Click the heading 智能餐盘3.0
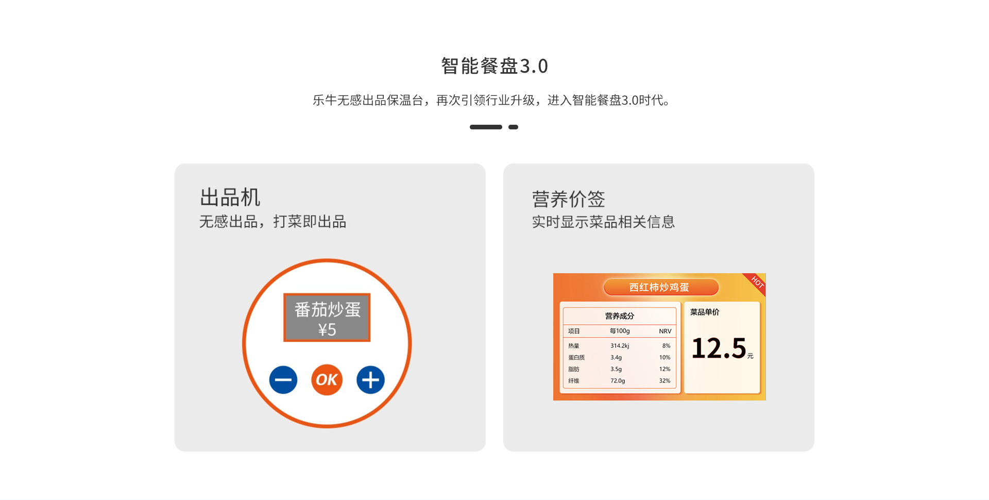pos(494,66)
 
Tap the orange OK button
pos(327,380)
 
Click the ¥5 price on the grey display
pos(327,329)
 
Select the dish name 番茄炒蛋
pos(327,309)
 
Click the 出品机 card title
pos(230,197)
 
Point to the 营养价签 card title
pos(568,199)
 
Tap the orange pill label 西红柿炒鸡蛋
pos(661,287)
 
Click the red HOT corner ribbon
pos(756,283)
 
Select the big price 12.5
pos(719,348)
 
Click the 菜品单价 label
pos(705,312)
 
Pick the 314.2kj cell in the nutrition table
pos(620,346)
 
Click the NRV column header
pos(665,331)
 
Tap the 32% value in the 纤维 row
pos(664,381)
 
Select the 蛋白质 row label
pos(576,357)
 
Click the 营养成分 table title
pos(619,316)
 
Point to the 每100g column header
pos(620,331)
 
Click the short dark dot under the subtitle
pos(513,127)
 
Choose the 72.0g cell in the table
pos(618,381)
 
